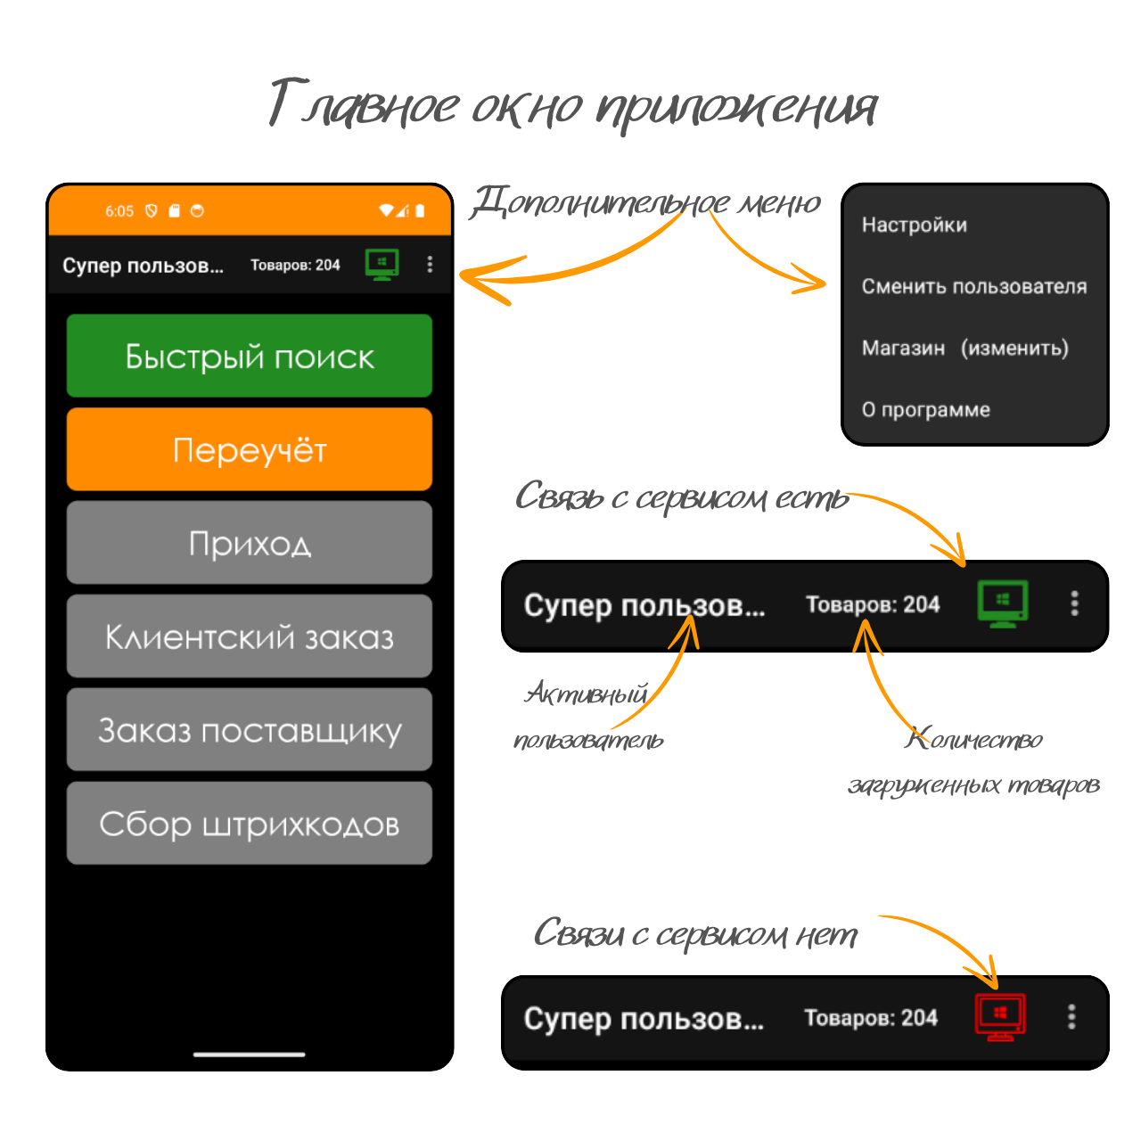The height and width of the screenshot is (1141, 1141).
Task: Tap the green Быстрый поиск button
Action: click(250, 356)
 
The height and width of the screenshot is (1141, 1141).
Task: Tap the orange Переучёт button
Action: click(250, 448)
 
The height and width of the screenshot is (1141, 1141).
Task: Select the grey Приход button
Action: click(250, 542)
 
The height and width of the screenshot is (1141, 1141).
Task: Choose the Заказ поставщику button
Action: click(250, 729)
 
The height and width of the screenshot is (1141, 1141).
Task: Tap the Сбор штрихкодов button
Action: click(250, 823)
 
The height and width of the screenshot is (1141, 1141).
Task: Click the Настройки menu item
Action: click(915, 225)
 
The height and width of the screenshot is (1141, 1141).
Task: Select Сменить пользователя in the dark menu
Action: click(974, 286)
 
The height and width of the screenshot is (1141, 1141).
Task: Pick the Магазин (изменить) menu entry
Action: click(965, 349)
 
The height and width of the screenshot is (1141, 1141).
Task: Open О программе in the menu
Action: click(925, 410)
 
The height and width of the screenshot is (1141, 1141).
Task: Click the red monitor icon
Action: click(1000, 1017)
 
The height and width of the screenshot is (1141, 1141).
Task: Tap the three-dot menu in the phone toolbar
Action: click(430, 264)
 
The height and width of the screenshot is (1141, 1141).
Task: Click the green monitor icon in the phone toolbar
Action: click(382, 264)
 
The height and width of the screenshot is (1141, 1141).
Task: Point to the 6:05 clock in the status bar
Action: click(119, 211)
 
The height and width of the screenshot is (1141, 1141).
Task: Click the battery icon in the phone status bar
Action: click(420, 210)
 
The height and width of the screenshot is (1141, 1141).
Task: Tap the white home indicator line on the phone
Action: click(250, 1055)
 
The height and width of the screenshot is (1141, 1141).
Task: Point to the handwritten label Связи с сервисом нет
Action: click(695, 934)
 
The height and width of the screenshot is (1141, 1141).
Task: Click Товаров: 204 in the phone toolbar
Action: click(295, 265)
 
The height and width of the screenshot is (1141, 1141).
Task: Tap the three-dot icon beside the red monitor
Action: click(1071, 1017)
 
